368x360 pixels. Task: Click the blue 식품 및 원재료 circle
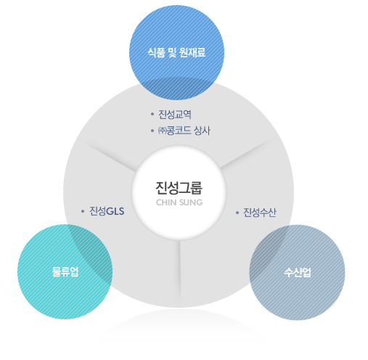pyautogui.click(x=176, y=53)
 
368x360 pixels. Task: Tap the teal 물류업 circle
pyautogui.click(x=65, y=272)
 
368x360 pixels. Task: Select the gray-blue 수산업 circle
pyautogui.click(x=298, y=272)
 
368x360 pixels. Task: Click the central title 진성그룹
pyautogui.click(x=179, y=188)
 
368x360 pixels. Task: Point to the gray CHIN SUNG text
pyautogui.click(x=179, y=202)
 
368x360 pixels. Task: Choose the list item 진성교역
pyautogui.click(x=175, y=114)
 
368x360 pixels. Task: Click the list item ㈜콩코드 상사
pyautogui.click(x=184, y=131)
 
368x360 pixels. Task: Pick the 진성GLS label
pyautogui.click(x=107, y=211)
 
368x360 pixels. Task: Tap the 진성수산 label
pyautogui.click(x=259, y=213)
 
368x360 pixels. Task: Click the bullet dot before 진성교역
pyautogui.click(x=152, y=114)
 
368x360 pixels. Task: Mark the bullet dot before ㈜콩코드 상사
pyautogui.click(x=152, y=131)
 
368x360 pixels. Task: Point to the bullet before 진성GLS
pyautogui.click(x=83, y=211)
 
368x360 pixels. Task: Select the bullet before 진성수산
pyautogui.click(x=237, y=213)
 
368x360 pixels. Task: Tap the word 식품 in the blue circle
pyautogui.click(x=157, y=52)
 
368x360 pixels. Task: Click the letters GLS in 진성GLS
pyautogui.click(x=115, y=211)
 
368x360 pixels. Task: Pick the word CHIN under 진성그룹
pyautogui.click(x=166, y=202)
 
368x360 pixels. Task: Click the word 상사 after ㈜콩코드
pyautogui.click(x=203, y=131)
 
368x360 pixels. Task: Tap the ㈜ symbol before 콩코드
pyautogui.click(x=162, y=131)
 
